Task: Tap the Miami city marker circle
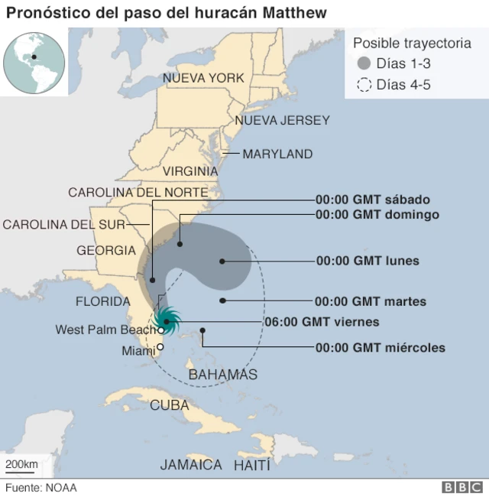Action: click(160, 347)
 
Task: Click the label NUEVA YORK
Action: click(203, 78)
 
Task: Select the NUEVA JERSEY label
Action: click(282, 120)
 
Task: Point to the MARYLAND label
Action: click(277, 154)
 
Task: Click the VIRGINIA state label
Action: click(190, 171)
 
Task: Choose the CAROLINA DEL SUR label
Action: click(63, 224)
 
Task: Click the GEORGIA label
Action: click(106, 250)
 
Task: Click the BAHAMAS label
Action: click(222, 374)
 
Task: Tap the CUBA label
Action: click(169, 405)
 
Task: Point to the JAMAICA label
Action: click(191, 464)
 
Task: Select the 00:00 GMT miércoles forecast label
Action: click(380, 348)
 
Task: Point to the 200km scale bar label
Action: click(21, 465)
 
